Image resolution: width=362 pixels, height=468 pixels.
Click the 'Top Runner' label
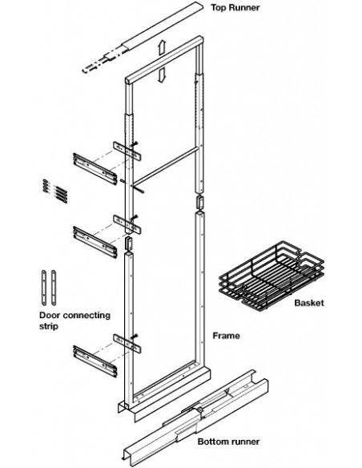(235, 7)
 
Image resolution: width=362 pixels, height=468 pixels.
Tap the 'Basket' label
(309, 303)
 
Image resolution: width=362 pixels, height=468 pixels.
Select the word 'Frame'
(226, 336)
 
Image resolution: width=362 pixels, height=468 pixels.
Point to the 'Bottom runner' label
(228, 442)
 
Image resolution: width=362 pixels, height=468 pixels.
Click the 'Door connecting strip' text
(74, 321)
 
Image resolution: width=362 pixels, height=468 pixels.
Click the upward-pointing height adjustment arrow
(161, 47)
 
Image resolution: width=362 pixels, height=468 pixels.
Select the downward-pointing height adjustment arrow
(161, 75)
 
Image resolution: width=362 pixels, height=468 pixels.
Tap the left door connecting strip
(44, 288)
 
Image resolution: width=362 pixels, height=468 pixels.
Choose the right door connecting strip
(54, 288)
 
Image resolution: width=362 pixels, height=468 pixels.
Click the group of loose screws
(55, 191)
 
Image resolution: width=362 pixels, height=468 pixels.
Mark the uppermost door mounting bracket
(95, 169)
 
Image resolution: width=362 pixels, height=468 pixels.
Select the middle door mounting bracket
(95, 242)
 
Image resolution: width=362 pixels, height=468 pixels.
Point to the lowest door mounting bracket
(95, 361)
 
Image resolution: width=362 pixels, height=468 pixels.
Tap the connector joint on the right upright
(199, 203)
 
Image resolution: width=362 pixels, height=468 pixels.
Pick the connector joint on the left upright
(128, 243)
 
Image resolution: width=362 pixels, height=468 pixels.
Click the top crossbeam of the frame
(165, 60)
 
